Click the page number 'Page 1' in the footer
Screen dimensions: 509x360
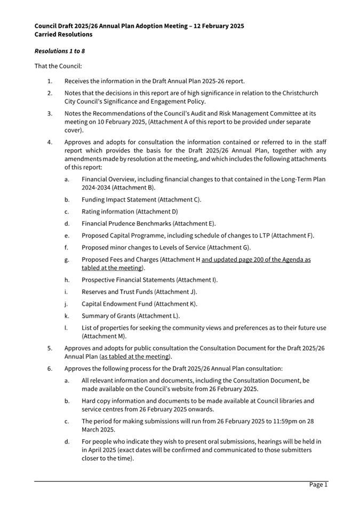tap(318, 484)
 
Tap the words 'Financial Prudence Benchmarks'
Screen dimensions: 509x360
tap(126, 223)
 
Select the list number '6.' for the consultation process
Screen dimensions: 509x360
tap(50, 369)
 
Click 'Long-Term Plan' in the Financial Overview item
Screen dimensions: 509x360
tap(300, 179)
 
